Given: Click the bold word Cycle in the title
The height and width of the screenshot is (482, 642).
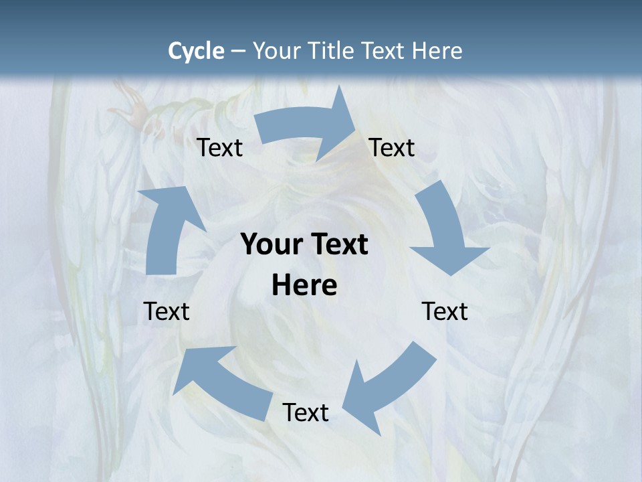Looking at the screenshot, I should [196, 51].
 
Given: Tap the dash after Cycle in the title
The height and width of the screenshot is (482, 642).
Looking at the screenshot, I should [238, 51].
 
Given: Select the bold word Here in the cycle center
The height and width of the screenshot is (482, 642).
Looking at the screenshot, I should [304, 286].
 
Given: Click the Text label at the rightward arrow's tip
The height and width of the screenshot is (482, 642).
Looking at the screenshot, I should [392, 147].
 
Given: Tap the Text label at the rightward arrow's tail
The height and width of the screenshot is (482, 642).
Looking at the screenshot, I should [220, 147].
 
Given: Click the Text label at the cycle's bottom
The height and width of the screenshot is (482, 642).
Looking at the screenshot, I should [306, 412].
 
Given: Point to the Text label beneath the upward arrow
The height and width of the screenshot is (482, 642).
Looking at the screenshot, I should [167, 311].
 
